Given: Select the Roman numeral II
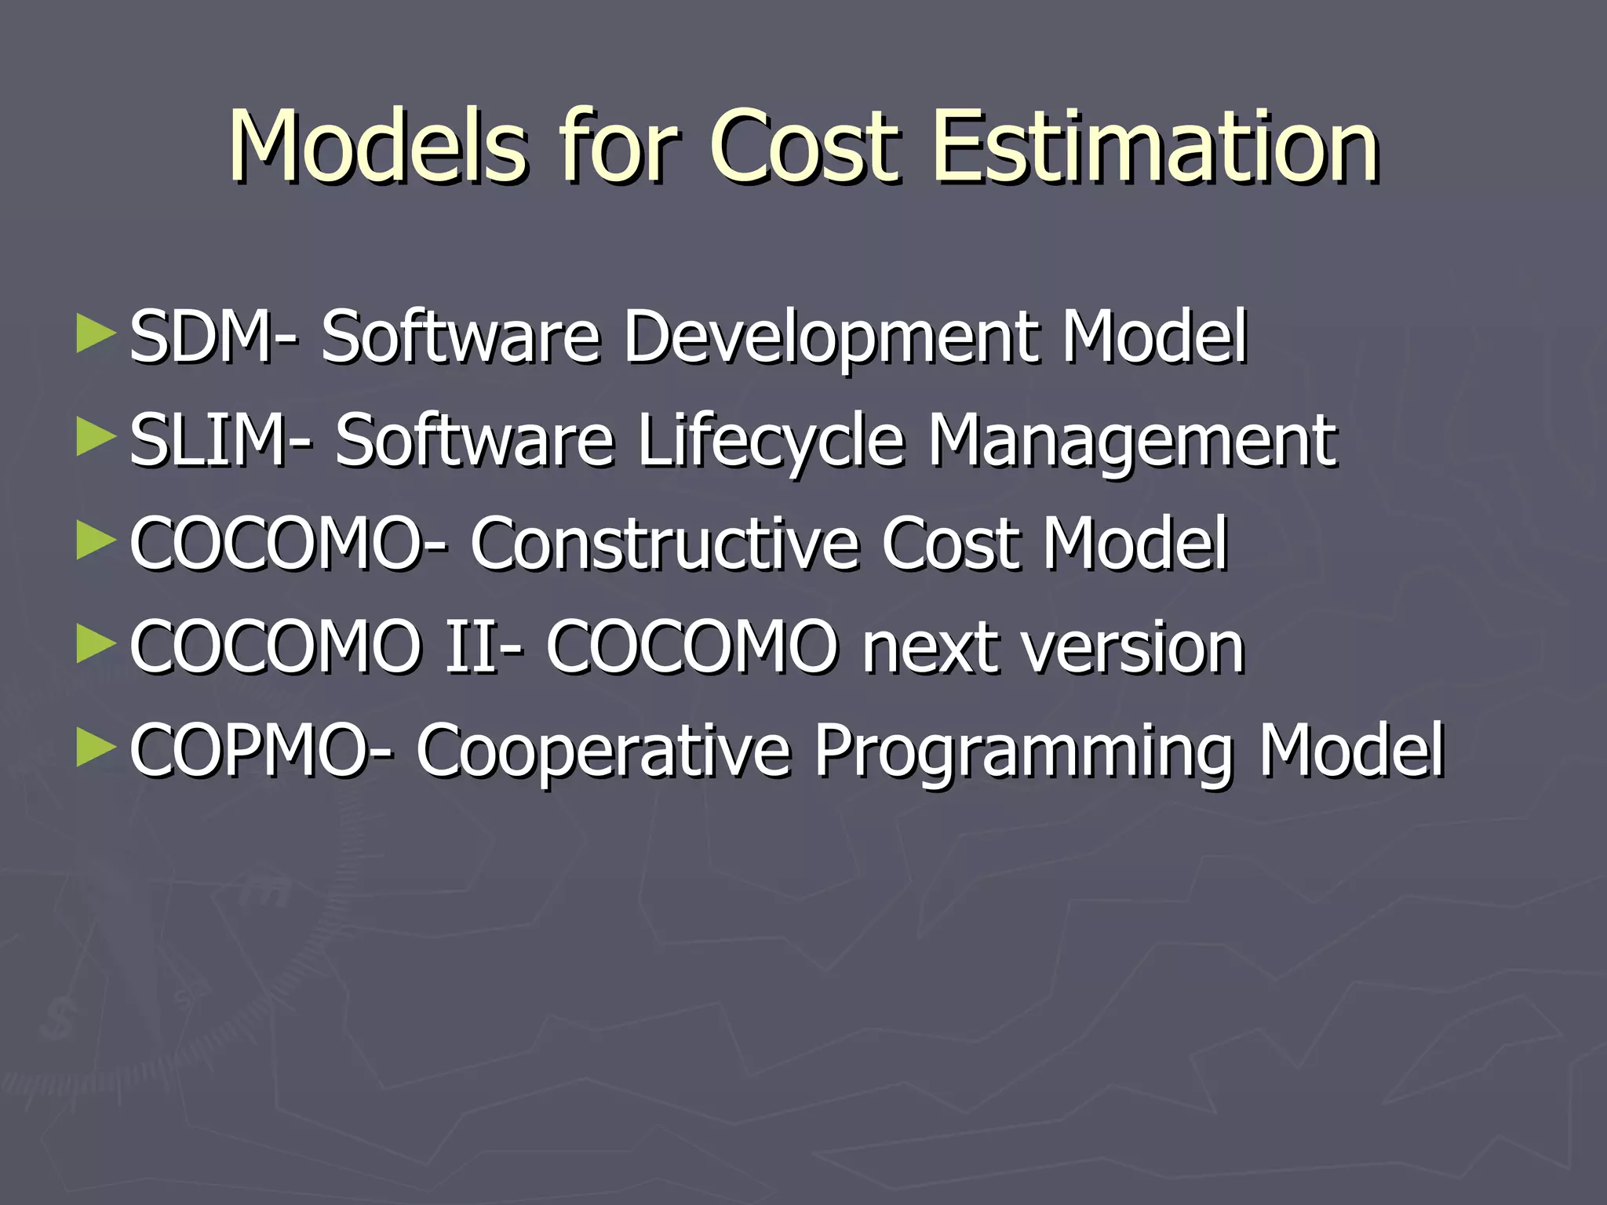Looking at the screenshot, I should coord(471,647).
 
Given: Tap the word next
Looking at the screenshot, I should coord(930,648).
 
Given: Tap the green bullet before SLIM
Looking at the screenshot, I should coord(97,438).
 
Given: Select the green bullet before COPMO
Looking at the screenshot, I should coord(97,748).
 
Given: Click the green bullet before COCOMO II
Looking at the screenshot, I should coord(97,645).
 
